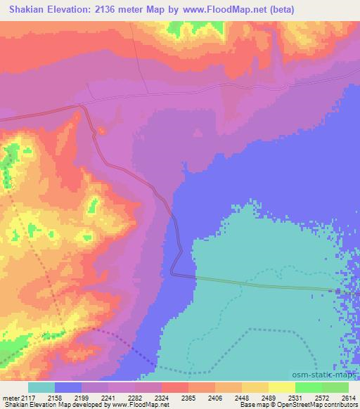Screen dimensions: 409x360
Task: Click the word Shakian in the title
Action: point(25,10)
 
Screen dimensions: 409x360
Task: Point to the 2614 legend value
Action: point(349,398)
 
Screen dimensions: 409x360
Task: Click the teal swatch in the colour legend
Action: point(41,387)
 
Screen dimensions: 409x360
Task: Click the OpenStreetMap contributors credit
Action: point(324,405)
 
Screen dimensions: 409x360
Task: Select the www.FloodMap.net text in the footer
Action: point(141,405)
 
